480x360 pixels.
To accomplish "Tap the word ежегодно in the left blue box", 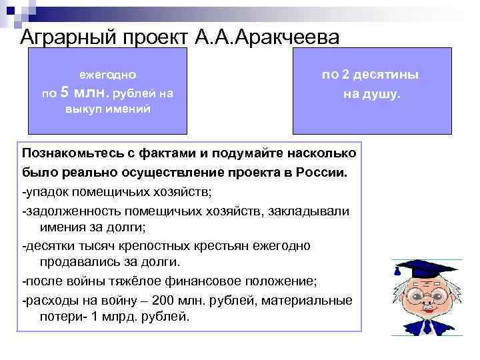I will tap(107, 76).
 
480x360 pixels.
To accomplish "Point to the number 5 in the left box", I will tap(65, 93).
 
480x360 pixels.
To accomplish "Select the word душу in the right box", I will tap(381, 94).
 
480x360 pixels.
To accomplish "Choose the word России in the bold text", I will tap(323, 172).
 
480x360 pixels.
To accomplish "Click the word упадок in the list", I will tap(46, 192).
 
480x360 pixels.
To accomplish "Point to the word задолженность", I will tap(68, 211).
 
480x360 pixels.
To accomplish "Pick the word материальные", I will tap(307, 300).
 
